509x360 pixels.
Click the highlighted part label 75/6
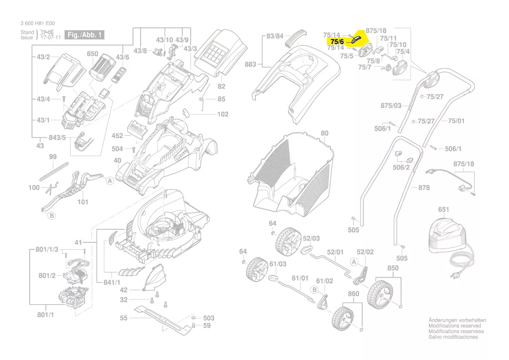click(x=337, y=41)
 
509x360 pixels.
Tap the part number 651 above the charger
click(x=443, y=210)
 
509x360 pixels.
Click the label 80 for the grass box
click(x=324, y=133)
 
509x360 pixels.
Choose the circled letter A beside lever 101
click(x=110, y=180)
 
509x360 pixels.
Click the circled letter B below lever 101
click(x=51, y=215)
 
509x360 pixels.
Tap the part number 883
click(x=250, y=65)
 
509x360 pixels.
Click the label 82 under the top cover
click(x=221, y=86)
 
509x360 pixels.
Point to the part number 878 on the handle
click(x=424, y=187)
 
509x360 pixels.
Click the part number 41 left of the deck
click(x=78, y=242)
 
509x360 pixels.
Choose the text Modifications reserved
click(x=455, y=326)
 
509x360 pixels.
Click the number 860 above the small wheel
click(x=354, y=294)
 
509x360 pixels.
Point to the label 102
click(x=222, y=114)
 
